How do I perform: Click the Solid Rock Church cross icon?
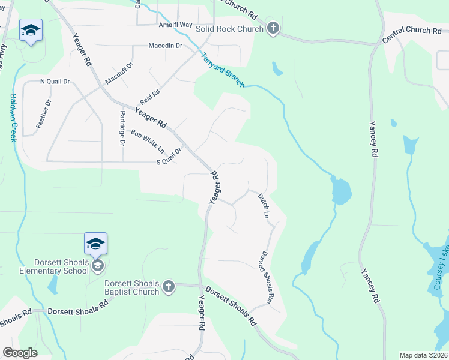click(273, 29)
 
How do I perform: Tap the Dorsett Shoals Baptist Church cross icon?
click(168, 287)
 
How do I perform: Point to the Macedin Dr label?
click(165, 46)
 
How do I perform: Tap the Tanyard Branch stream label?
click(222, 70)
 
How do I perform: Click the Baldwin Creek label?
click(13, 118)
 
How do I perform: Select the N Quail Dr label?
click(55, 81)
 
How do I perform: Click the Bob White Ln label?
click(148, 141)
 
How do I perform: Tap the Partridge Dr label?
click(122, 128)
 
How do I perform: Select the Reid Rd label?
click(150, 95)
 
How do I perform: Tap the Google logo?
click(20, 353)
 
